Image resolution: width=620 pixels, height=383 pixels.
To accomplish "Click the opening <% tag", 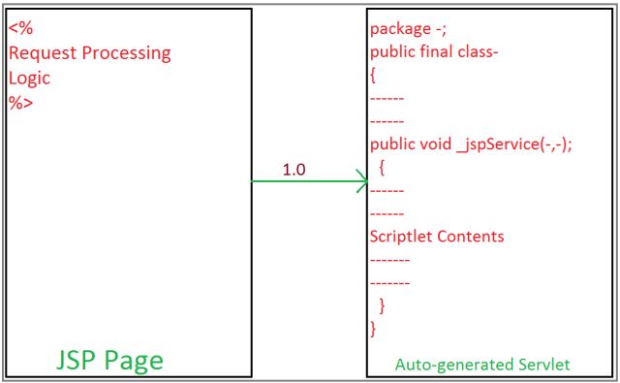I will (x=19, y=29).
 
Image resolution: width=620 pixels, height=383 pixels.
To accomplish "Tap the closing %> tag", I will (x=19, y=103).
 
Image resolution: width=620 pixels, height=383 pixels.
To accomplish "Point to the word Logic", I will (x=29, y=78).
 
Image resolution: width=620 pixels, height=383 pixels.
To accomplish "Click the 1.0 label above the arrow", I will (x=294, y=170).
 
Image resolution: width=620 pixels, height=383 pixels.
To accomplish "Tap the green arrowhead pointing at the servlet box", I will (x=359, y=180).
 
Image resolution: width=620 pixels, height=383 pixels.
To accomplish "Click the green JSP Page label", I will (x=109, y=360).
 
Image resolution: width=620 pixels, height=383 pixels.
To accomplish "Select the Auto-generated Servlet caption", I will (x=482, y=365).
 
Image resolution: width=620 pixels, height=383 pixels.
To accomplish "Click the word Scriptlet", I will (x=404, y=236).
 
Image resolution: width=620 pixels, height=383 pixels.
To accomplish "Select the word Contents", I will (x=474, y=236).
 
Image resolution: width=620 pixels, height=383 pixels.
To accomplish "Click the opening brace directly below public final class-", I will (x=374, y=75).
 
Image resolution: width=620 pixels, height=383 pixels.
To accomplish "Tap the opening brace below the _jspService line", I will (x=383, y=167).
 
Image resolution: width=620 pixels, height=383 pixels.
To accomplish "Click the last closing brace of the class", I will (x=374, y=329).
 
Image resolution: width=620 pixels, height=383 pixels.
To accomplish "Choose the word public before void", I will (x=392, y=144).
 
